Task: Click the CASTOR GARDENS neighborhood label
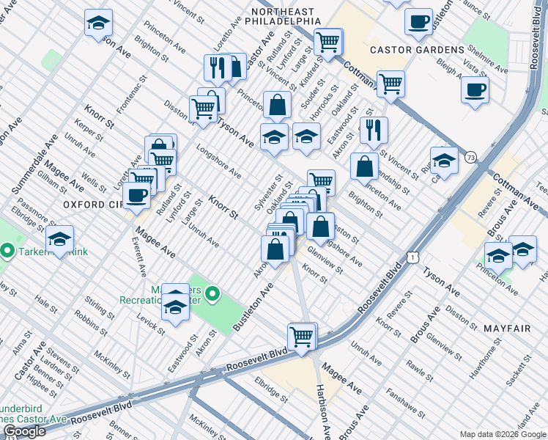coord(417,50)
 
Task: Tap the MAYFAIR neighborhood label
coord(506,329)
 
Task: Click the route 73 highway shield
coord(470,157)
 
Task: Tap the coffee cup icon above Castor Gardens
coord(418,21)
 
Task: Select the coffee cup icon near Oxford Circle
coord(137,195)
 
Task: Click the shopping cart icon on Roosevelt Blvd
coord(301,337)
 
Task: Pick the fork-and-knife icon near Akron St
coord(374,131)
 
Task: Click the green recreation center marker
coord(212,295)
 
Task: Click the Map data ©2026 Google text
coord(502,433)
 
